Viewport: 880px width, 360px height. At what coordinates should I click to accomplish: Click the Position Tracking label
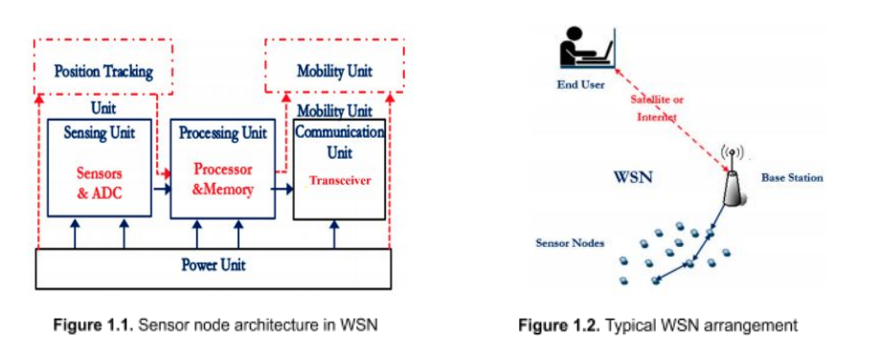coord(103,72)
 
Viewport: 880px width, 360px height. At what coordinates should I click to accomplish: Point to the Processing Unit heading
coord(223,133)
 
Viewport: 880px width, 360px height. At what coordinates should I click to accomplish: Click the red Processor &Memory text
coord(223,179)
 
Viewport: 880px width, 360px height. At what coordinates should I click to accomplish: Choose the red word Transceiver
coord(340,181)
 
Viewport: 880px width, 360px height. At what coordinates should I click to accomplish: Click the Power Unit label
coord(214,264)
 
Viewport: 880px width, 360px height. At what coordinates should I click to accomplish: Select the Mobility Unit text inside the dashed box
coord(334,72)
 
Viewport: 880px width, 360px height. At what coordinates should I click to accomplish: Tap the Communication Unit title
coord(340,142)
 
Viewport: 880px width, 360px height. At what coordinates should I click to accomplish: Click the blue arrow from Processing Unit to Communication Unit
coord(282,190)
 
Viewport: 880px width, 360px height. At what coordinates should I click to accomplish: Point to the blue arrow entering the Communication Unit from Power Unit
coord(334,234)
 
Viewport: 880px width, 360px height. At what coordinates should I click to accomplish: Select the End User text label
coord(580,84)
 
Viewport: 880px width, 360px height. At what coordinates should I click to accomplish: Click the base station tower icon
coord(733,177)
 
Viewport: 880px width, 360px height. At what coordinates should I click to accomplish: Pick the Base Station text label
coord(792,178)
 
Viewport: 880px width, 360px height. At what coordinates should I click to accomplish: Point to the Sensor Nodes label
coord(569,243)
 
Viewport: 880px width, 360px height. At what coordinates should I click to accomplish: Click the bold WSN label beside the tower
coord(634,179)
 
